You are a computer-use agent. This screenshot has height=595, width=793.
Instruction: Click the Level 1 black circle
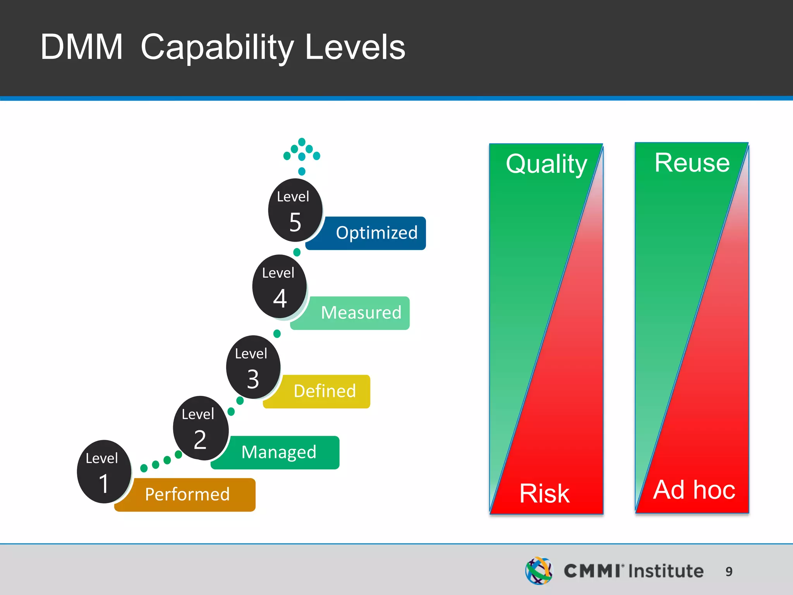[104, 471]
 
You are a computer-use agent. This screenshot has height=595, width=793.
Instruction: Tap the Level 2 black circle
[200, 428]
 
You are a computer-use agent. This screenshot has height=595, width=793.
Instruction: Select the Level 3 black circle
[253, 367]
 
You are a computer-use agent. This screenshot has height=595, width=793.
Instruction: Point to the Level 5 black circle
[295, 210]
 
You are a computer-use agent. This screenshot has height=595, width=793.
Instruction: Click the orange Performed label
[187, 495]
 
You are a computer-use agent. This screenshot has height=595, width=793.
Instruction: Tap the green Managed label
[279, 452]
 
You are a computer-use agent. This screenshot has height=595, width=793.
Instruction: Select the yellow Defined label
[324, 391]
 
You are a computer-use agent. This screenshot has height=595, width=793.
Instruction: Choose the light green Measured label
[361, 313]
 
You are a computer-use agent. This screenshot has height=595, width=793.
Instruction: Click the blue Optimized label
[376, 233]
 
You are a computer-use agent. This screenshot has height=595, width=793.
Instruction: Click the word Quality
[546, 164]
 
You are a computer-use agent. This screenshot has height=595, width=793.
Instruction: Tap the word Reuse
[692, 163]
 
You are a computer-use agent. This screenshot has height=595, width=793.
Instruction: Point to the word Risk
[544, 494]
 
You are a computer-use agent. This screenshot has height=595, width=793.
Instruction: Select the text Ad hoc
[694, 490]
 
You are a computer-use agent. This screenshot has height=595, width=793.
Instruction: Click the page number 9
[729, 571]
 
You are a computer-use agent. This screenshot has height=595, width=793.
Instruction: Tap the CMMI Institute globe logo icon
[539, 571]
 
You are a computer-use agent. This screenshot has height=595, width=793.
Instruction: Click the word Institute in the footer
[666, 571]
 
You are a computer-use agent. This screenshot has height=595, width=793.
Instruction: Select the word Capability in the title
[217, 48]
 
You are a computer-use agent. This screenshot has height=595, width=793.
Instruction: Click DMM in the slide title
[81, 47]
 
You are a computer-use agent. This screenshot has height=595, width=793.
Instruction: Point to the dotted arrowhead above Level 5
[302, 151]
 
